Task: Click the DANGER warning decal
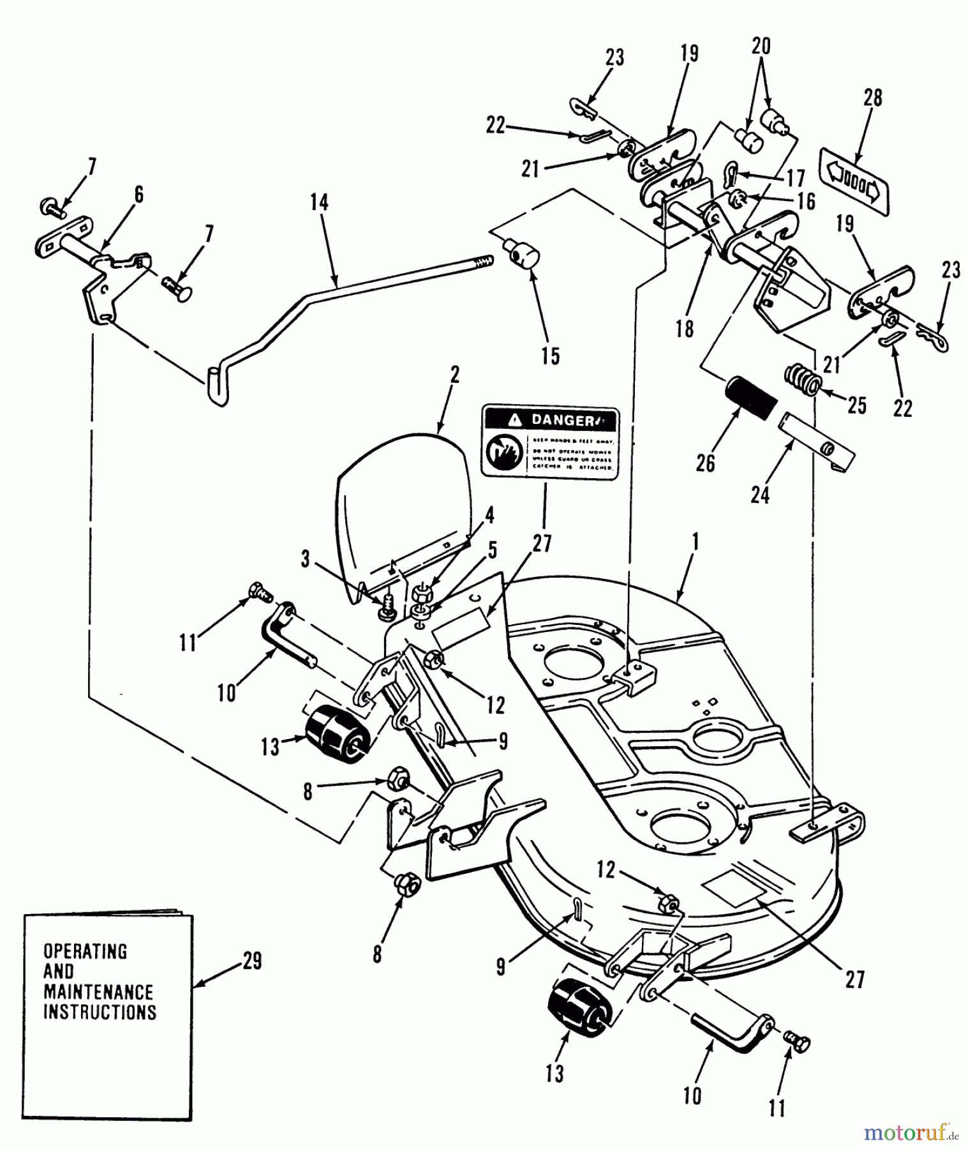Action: (x=550, y=441)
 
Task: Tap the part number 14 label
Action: (x=319, y=203)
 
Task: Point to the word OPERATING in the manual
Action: (x=85, y=951)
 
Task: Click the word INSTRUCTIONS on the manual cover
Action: (x=99, y=1012)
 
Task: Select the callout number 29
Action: (x=252, y=961)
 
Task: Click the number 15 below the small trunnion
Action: (x=550, y=356)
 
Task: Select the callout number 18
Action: (x=684, y=329)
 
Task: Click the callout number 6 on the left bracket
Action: (x=138, y=195)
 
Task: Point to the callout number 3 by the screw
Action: (x=305, y=560)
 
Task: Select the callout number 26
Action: (x=705, y=463)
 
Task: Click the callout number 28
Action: (x=872, y=98)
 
